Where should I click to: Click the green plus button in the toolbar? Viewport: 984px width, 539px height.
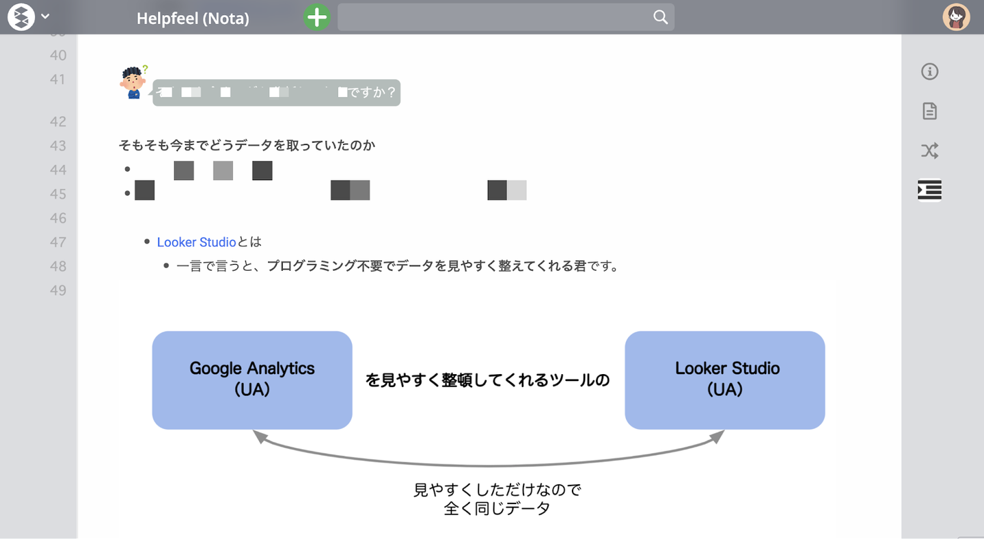coord(316,17)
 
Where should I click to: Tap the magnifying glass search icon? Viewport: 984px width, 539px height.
coord(660,17)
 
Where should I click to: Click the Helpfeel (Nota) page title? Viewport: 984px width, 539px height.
coord(193,18)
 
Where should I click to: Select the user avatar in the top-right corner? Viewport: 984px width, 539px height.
coord(956,17)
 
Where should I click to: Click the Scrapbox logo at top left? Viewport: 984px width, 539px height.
coord(20,17)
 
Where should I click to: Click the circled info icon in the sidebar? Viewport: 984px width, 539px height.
coord(929,71)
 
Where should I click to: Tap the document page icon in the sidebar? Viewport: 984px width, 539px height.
coord(929,111)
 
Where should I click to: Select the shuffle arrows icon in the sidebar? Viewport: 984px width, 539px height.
coord(929,150)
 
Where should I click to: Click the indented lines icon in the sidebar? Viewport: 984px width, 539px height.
coord(929,189)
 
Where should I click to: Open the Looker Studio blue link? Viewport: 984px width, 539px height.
coord(196,242)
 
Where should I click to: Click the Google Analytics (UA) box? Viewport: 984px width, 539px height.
coord(252,380)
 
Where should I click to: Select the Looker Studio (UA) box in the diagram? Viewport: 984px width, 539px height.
coord(725,380)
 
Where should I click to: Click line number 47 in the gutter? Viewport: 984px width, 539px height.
coord(58,242)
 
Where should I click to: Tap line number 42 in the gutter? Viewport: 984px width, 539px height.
coord(58,122)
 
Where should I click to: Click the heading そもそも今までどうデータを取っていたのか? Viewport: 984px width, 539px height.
coord(247,146)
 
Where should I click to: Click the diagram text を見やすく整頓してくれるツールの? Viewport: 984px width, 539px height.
coord(487,380)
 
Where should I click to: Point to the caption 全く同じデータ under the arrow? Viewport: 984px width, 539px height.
coord(497,509)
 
